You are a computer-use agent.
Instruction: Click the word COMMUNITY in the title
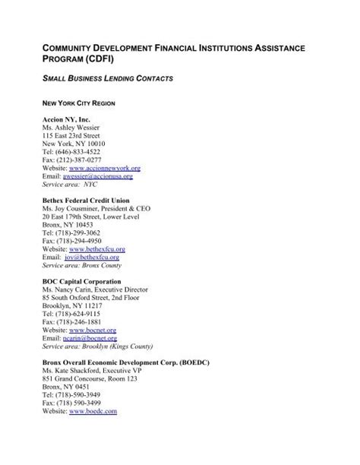[76, 49]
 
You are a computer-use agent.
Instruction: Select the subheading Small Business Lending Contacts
[109, 78]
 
